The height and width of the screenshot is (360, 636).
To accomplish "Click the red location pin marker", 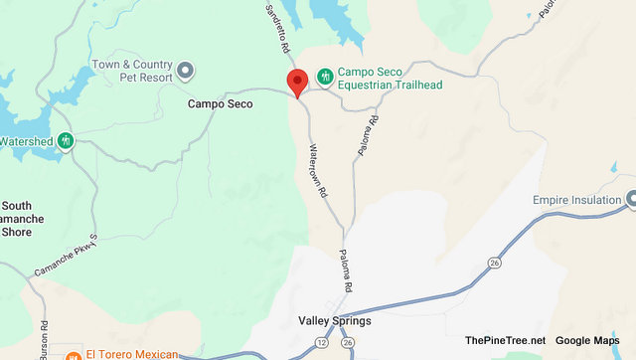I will coord(295,83).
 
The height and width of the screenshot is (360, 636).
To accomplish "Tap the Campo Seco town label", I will coord(220,103).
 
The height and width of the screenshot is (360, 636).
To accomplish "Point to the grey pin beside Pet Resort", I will coord(186,70).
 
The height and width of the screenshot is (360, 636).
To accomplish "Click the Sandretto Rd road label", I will coord(277,31).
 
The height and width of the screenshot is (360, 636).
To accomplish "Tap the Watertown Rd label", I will coord(318,170).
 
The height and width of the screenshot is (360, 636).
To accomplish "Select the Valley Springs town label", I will coord(334,321).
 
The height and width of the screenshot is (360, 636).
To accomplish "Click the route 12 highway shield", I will coord(321,342).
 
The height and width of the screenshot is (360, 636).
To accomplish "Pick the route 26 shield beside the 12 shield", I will coord(347,342).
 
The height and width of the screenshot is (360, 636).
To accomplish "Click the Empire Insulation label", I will coord(575,201).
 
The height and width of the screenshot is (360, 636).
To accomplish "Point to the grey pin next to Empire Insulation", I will coord(630,201).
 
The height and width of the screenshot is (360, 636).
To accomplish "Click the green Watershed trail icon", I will coord(66,141).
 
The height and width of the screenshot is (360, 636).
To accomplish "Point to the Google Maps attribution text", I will coord(587,340).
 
